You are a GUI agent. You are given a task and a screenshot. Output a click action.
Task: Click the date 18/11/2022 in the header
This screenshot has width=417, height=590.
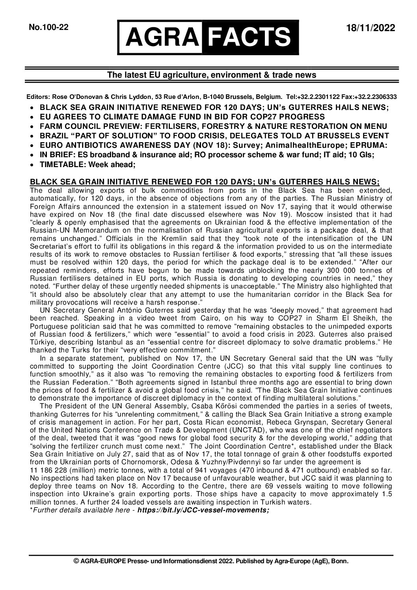370,28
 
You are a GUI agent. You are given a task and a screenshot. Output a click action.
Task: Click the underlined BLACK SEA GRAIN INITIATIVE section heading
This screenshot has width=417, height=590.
205,182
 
